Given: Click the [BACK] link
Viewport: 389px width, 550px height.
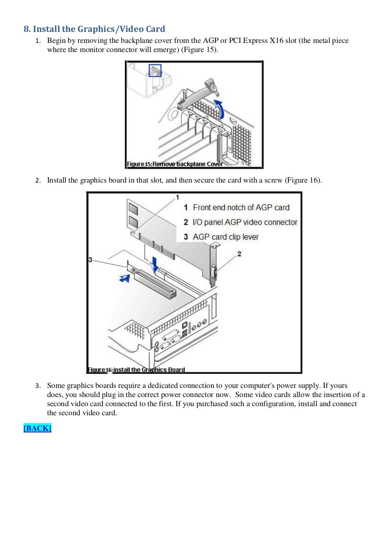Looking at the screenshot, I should tap(37, 428).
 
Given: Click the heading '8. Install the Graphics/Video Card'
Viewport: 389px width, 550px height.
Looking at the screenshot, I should tap(94, 29).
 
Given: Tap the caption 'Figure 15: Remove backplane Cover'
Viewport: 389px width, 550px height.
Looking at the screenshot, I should tap(175, 164).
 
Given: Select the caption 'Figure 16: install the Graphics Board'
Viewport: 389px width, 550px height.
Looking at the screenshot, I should tap(136, 369).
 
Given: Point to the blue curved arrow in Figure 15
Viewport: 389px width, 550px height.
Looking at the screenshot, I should tap(219, 109).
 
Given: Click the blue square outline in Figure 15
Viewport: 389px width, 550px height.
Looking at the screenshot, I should tap(155, 70).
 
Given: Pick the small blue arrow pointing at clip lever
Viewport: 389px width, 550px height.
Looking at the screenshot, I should tap(124, 278).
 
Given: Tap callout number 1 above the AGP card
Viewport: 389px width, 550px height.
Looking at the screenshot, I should tap(177, 197).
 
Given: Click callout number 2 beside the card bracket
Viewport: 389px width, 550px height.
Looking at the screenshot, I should tap(239, 254).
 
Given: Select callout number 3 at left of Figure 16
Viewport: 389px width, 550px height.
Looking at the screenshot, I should tap(90, 260).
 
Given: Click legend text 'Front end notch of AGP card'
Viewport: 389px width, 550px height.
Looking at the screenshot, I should tap(241, 208).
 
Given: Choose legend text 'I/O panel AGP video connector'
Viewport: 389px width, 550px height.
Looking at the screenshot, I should tap(245, 222).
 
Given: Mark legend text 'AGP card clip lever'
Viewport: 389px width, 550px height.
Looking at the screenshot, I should tap(226, 237).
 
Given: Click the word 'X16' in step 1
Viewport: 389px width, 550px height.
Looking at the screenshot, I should tap(277, 41).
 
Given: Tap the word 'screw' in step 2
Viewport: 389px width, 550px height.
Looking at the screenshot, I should tap(273, 180).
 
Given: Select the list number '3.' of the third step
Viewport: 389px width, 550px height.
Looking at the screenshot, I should tap(38, 386).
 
